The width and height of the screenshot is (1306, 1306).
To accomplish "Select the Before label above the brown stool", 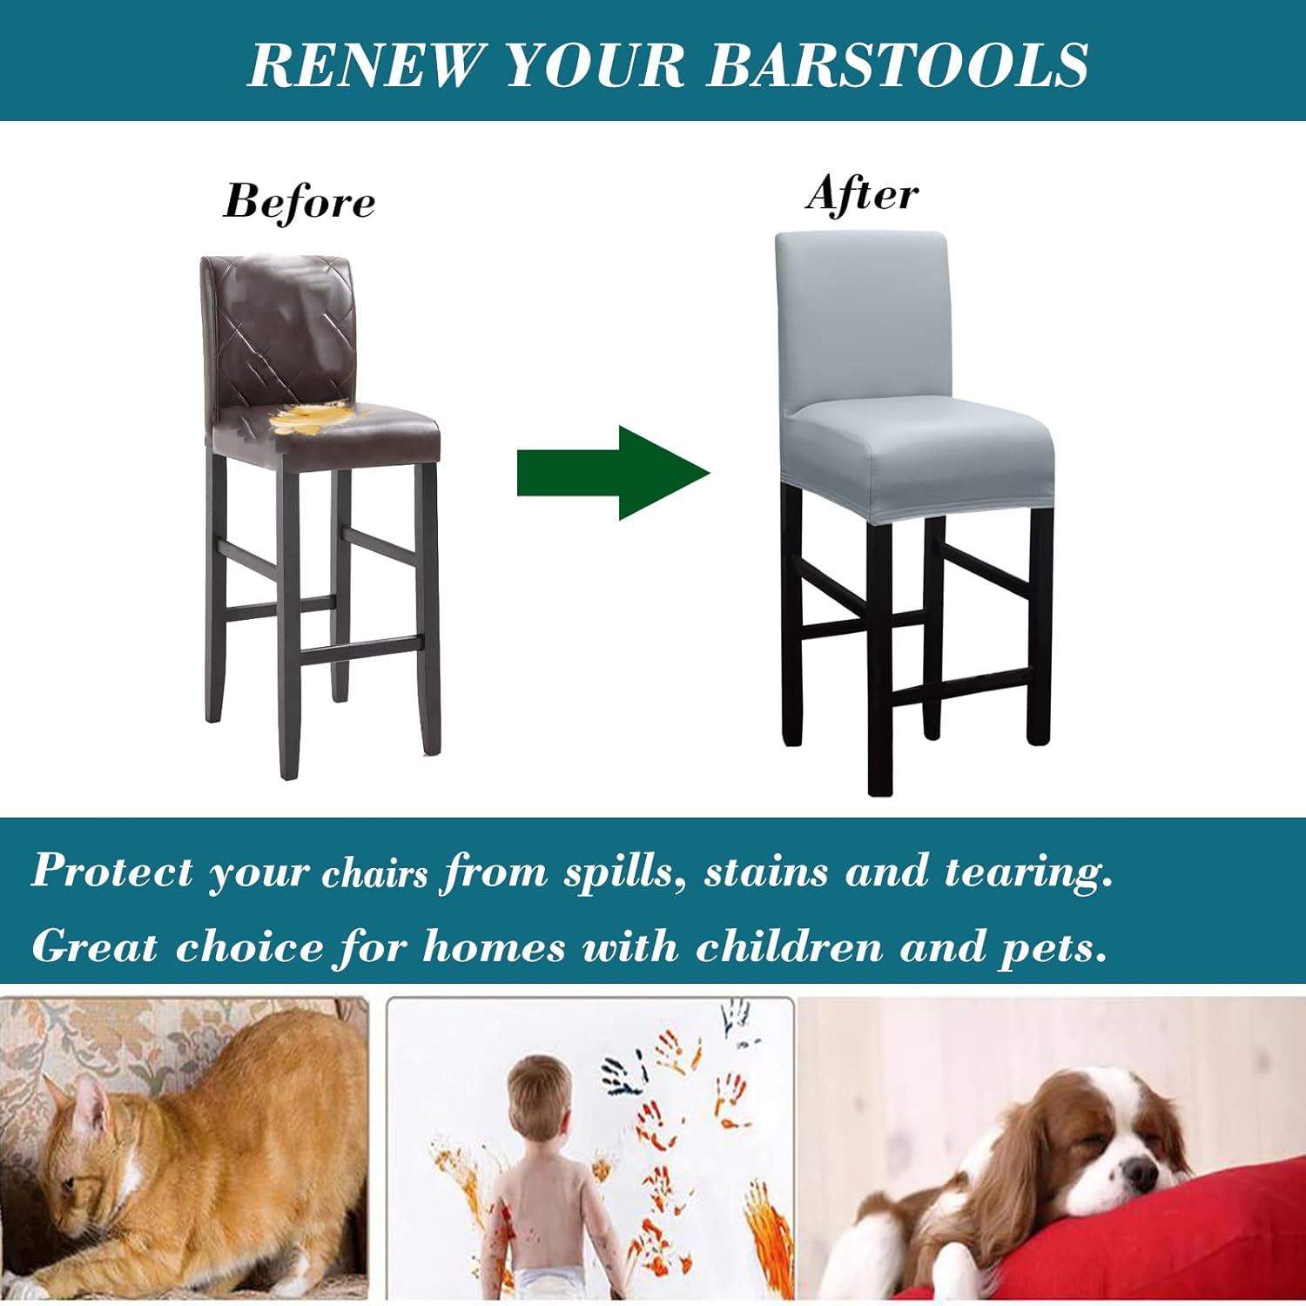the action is coord(300,201).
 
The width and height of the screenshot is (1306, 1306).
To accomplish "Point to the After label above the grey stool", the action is coord(862,193).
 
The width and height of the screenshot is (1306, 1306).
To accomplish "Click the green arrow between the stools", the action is coord(614,473).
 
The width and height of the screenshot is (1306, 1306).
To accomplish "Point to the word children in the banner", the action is coord(789,947).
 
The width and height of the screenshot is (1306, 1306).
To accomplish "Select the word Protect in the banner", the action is coord(112,871).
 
